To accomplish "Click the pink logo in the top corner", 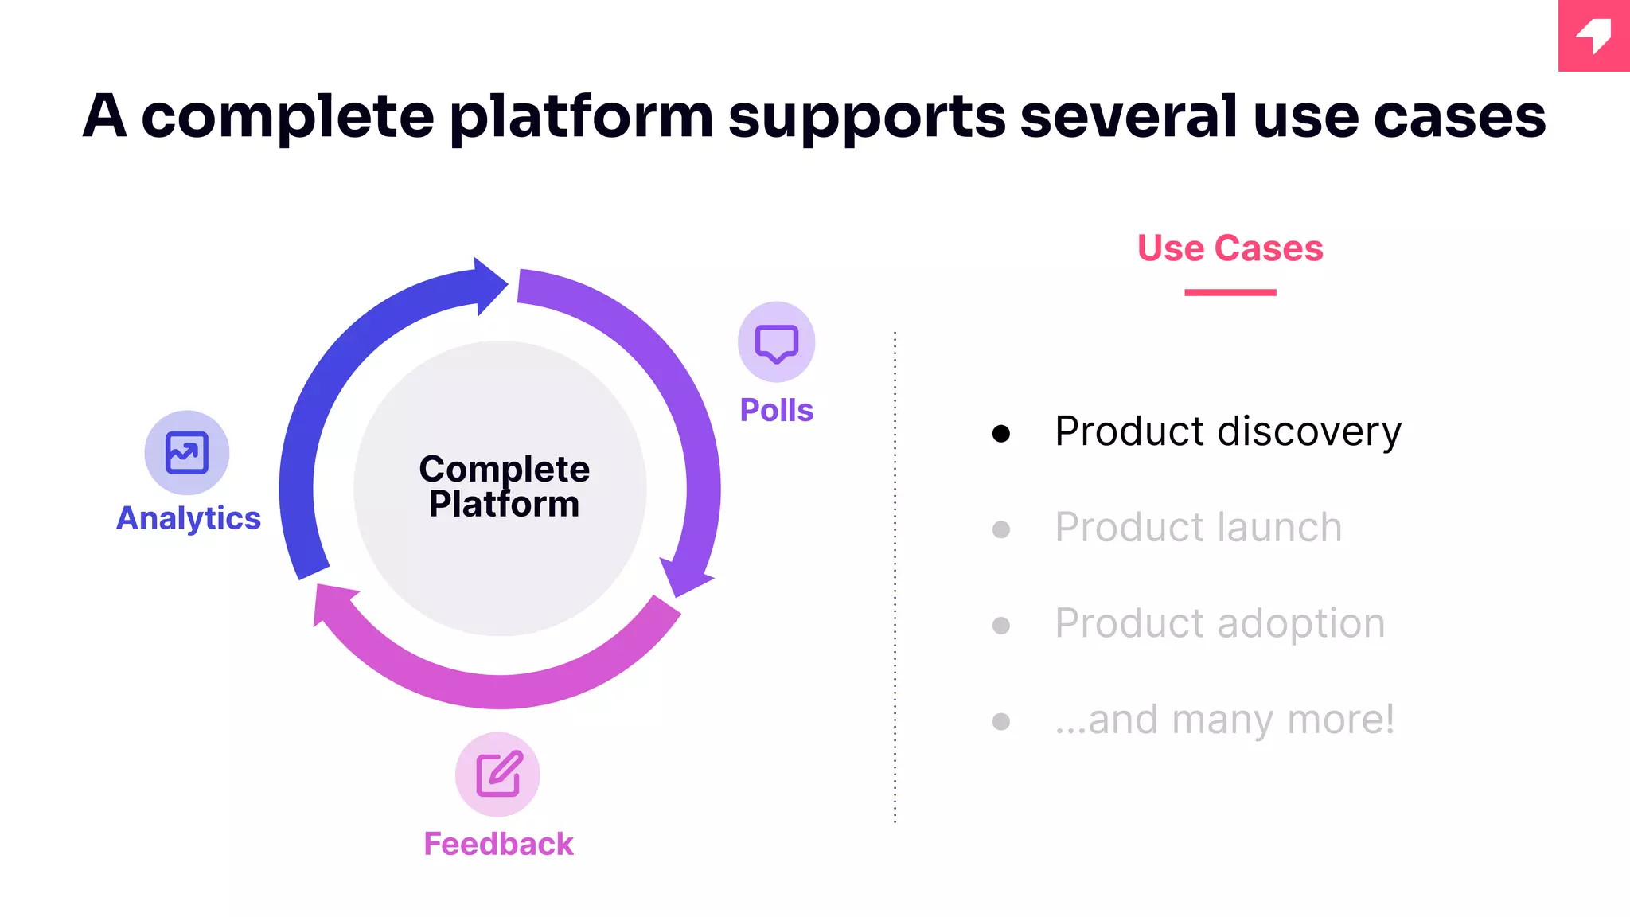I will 1593,36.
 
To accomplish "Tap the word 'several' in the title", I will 1129,116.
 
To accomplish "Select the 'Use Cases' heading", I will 1230,248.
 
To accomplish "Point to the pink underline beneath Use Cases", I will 1230,292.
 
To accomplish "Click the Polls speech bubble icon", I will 776,342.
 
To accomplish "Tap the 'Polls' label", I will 776,410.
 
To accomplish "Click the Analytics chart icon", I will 186,452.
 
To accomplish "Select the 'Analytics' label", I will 189,518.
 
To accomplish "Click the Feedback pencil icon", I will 497,774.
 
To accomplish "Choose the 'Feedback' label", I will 498,844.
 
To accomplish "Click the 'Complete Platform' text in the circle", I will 504,486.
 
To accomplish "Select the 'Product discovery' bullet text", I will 1227,432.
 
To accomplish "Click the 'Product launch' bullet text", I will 1198,528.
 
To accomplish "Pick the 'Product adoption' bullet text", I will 1219,623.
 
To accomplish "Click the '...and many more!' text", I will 1224,720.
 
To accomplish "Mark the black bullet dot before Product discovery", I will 1001,433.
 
